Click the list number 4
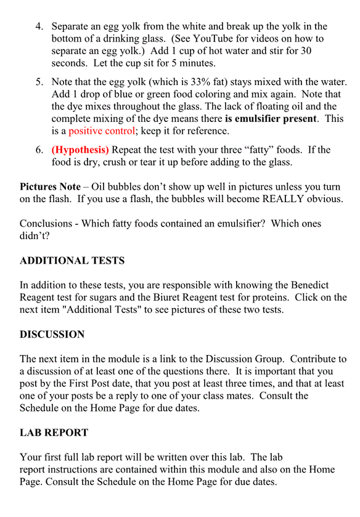click(x=39, y=26)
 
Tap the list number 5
click(x=39, y=81)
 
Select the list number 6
click(x=39, y=150)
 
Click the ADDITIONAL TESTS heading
click(x=72, y=261)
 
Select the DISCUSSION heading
click(x=52, y=335)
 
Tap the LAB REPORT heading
click(x=54, y=433)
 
